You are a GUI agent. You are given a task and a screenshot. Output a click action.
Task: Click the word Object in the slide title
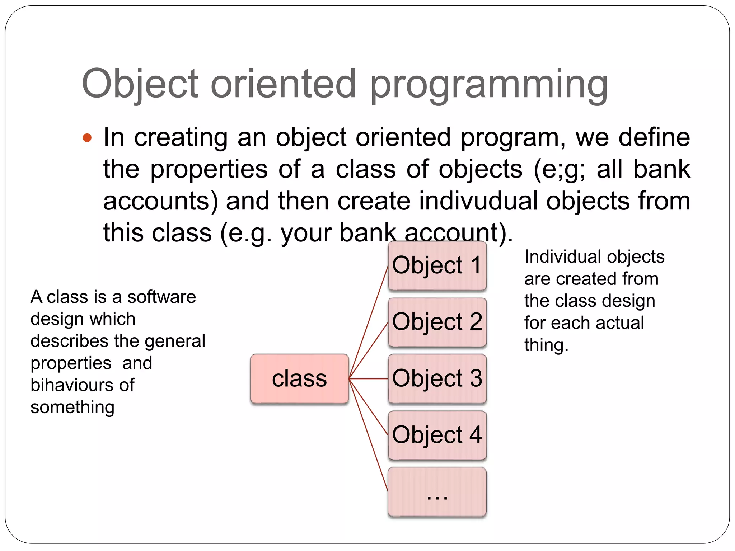pos(140,84)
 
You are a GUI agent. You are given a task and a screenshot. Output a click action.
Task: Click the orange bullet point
pos(87,138)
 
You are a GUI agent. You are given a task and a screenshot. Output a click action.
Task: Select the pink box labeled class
pos(299,379)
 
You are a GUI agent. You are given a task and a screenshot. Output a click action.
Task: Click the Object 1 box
pos(437,265)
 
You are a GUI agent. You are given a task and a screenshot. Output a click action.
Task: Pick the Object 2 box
pos(437,322)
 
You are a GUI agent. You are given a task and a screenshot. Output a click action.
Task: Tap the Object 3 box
pos(437,378)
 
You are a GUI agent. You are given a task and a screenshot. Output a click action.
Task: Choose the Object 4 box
pos(437,435)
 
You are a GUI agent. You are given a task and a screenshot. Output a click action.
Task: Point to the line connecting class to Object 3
pos(369,378)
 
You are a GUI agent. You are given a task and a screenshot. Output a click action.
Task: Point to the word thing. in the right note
pos(546,345)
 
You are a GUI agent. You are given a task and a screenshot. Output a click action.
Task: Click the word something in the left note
pos(72,407)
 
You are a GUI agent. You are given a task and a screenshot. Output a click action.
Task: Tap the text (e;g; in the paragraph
pos(560,169)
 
